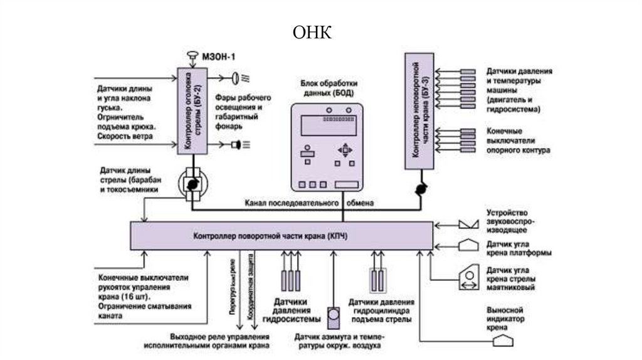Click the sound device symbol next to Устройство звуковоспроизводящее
467,224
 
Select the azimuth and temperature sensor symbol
334,314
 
